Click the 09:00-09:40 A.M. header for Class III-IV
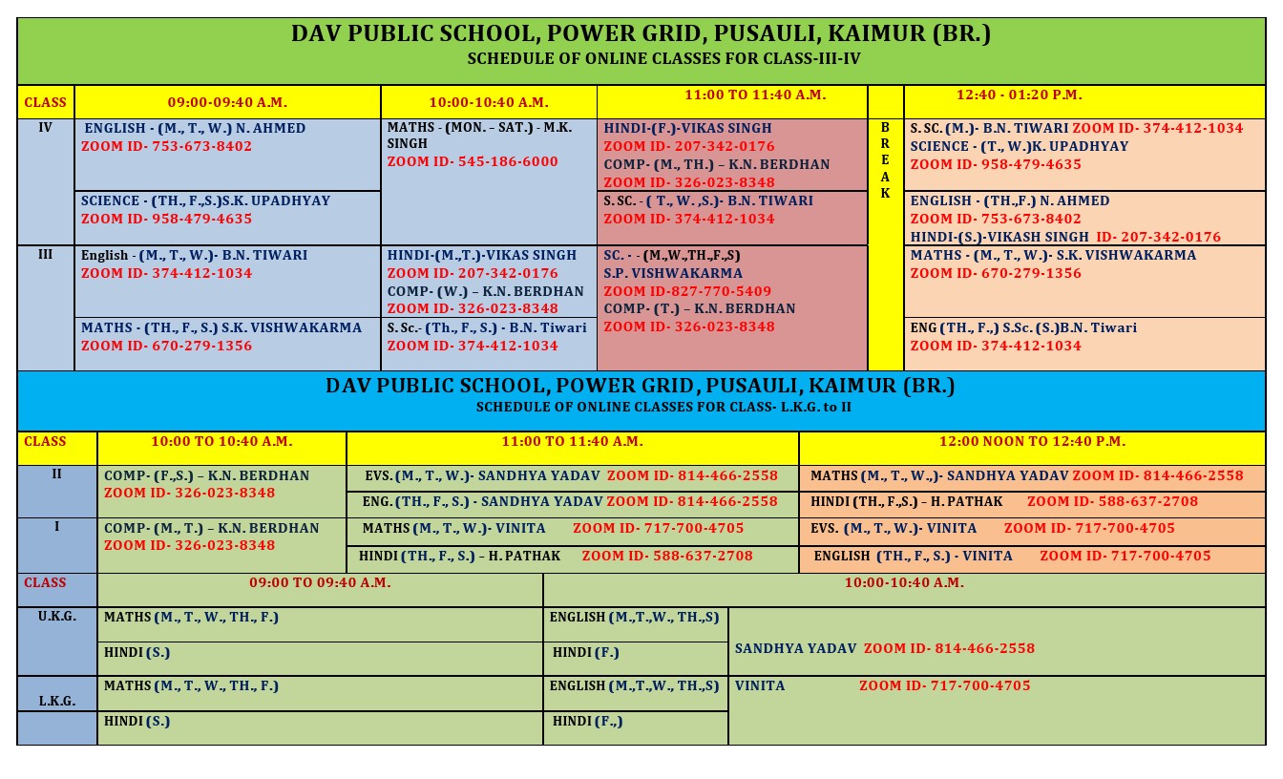227,102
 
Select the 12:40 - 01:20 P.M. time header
1019,95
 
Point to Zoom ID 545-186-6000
473,162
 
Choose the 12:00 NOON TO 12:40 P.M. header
1032,442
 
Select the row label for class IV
45,127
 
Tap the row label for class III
45,255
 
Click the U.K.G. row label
57,617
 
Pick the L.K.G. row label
57,701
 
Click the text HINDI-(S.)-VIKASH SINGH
999,237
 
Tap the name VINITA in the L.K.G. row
760,685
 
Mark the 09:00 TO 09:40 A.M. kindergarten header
320,582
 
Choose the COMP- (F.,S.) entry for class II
206,475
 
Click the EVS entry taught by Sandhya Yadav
482,475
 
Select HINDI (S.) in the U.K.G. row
137,653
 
